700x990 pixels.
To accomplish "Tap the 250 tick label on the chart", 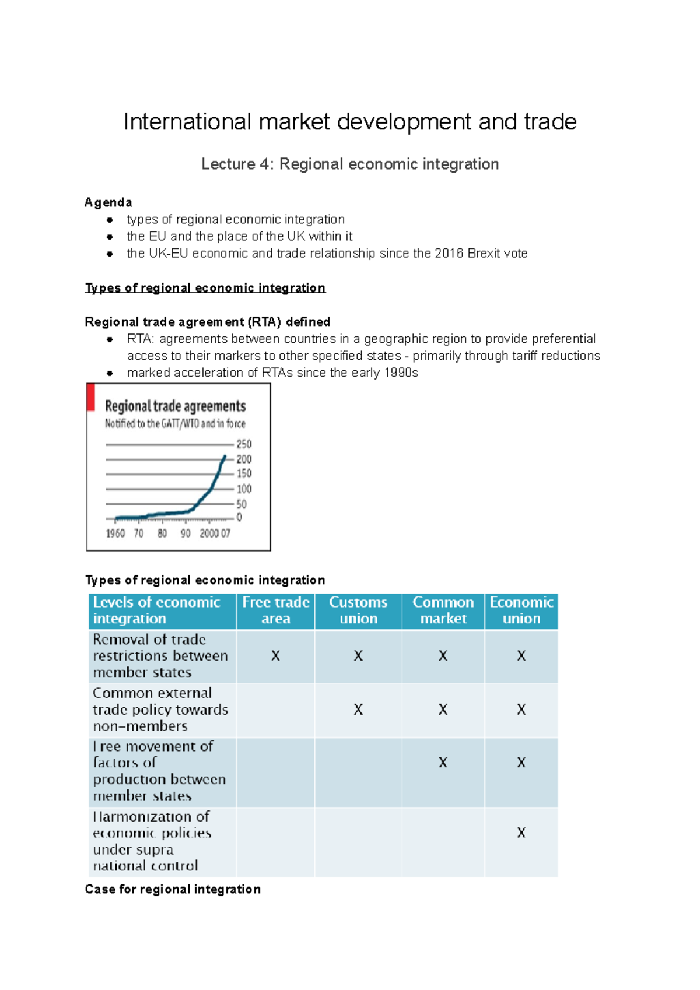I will click(244, 444).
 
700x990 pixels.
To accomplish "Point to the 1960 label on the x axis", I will click(116, 533).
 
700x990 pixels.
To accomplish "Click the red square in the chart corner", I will click(91, 398).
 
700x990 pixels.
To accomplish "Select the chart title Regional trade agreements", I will click(175, 406).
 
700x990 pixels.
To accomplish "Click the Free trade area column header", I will click(276, 610).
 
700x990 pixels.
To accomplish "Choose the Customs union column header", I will click(358, 610).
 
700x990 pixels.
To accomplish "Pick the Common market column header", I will click(443, 610).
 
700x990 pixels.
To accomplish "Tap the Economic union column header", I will click(521, 610).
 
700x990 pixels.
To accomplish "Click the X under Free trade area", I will click(275, 656).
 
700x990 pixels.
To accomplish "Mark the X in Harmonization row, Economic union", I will click(521, 833).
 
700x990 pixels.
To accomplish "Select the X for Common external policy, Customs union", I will click(358, 710).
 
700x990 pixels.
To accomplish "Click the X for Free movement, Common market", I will click(443, 763).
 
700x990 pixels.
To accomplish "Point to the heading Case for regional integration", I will click(173, 889).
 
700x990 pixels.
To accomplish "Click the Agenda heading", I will click(108, 202).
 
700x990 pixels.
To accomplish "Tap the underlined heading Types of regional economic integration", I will click(205, 288).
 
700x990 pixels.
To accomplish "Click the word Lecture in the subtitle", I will click(228, 164).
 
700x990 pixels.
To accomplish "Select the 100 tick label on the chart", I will click(244, 489).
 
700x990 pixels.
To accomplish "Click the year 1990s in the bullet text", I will click(401, 373).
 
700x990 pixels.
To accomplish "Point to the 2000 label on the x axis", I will click(209, 533).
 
